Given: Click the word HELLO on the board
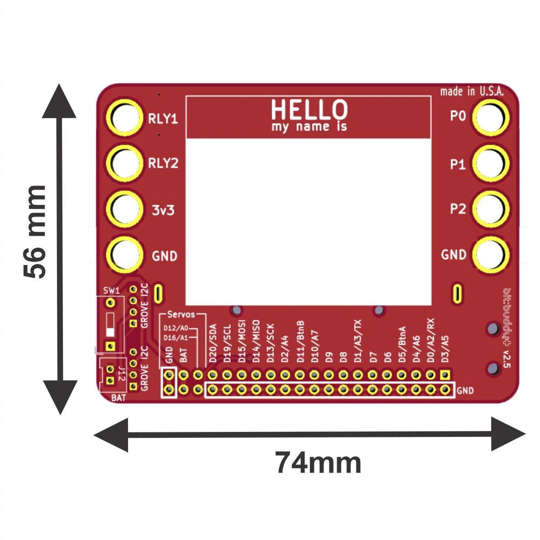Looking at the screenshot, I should pos(309,109).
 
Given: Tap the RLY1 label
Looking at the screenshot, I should pos(163,119).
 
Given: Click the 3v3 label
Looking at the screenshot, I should pos(162,211).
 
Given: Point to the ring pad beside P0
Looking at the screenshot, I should pos(490,117).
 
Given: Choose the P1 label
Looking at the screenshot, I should pos(458,164).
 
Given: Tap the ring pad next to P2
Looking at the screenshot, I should pos(490,208).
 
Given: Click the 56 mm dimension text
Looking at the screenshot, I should pos(36,232).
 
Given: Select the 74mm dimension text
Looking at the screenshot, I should pos(318,463).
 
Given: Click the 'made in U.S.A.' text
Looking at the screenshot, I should pos(472,92).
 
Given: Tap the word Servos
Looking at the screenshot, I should pos(181,314).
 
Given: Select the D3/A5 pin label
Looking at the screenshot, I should pos(445,349).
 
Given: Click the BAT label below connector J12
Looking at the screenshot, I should pos(118,398).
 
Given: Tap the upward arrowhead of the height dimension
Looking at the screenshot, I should pos(60,102).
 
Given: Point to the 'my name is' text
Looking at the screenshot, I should pos(309,126).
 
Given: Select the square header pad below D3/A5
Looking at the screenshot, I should pos(446,375).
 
